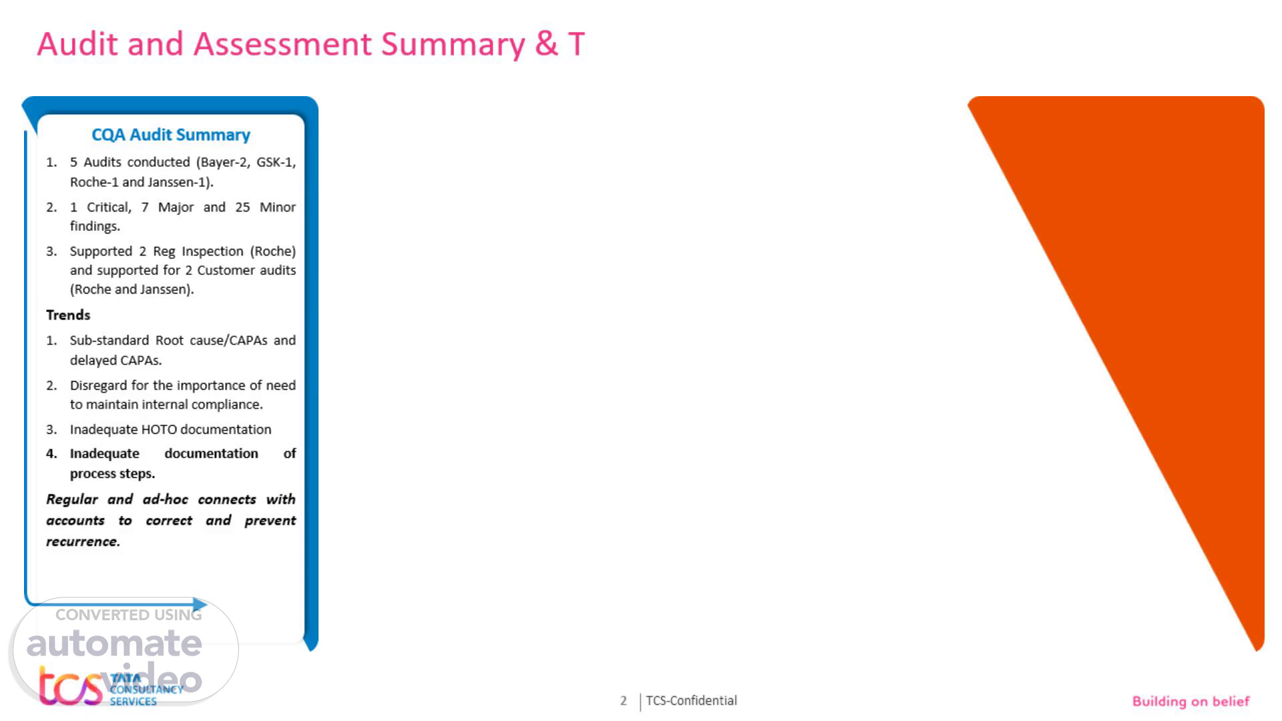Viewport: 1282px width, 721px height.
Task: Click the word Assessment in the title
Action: tap(282, 44)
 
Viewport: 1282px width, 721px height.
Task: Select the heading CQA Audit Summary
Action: tap(171, 135)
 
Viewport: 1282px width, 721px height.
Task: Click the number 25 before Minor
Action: tap(242, 207)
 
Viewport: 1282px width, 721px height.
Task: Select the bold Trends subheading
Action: tap(68, 315)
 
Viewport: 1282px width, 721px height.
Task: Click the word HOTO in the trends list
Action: tap(159, 429)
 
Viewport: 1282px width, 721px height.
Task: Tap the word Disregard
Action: tap(98, 386)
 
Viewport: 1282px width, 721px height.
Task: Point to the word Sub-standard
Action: tap(110, 340)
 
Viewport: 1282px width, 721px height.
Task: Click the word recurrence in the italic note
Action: tap(83, 541)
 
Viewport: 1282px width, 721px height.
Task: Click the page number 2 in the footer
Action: tap(624, 701)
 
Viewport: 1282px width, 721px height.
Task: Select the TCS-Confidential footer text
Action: tap(691, 700)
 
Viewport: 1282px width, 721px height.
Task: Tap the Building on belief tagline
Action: tap(1191, 701)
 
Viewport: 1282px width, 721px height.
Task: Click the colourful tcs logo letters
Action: tap(70, 686)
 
